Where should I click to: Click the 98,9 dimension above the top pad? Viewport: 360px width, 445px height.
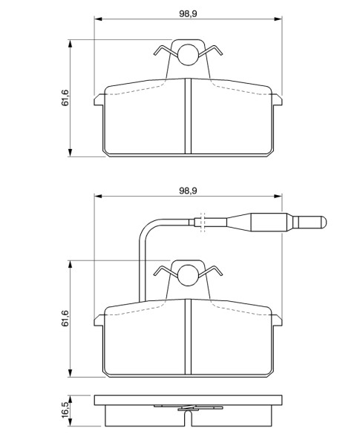(x=188, y=13)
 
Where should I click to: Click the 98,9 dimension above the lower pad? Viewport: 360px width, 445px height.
(x=188, y=191)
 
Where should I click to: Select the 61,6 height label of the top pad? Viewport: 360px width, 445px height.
(x=65, y=98)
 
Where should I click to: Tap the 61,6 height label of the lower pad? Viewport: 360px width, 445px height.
(x=65, y=318)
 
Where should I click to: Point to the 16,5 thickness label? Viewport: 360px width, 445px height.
(x=65, y=409)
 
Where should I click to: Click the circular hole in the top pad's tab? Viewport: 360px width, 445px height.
(x=188, y=55)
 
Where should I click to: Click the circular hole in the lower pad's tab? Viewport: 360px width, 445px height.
(x=188, y=276)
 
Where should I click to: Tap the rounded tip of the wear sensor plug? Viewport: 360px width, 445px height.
(x=324, y=222)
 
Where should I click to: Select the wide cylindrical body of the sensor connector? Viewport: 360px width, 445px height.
(x=269, y=222)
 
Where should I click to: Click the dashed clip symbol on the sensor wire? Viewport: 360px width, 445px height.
(x=203, y=222)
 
